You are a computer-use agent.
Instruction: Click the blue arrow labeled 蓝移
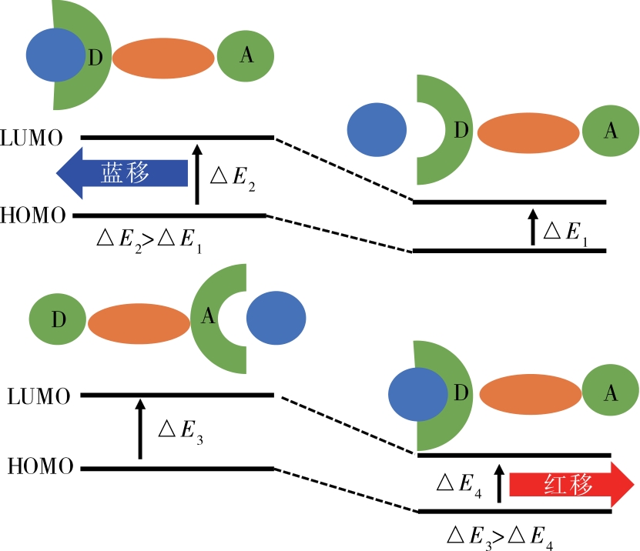pos(123,173)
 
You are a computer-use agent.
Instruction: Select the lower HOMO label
pos(39,466)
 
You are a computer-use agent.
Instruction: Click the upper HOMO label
pos(33,215)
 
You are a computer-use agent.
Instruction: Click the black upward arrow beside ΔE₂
pos(197,174)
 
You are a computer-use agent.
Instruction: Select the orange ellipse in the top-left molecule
pos(163,58)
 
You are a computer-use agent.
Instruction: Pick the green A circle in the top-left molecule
pos(246,55)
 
